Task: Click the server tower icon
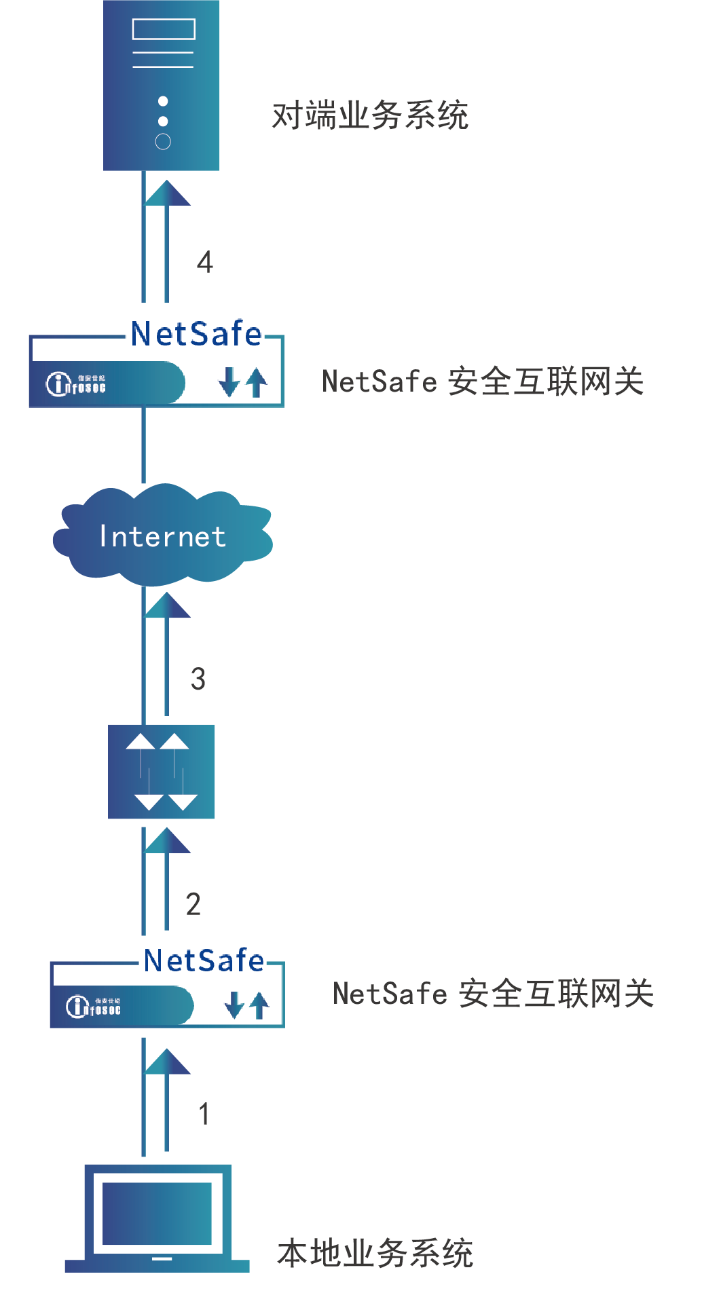point(162,85)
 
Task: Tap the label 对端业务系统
point(370,115)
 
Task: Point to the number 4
point(204,262)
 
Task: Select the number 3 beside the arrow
point(198,679)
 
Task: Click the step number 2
point(193,904)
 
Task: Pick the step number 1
point(204,1114)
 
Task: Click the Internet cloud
point(163,536)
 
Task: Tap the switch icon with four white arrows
point(162,772)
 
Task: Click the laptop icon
point(158,1218)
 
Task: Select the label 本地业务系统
point(375,1253)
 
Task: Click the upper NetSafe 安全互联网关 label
point(483,381)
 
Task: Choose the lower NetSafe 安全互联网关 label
point(493,994)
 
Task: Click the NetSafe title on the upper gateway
point(196,334)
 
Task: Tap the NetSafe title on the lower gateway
point(204,960)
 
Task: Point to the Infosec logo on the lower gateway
point(94,1006)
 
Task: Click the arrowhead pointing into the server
point(167,193)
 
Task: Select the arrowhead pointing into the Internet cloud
point(167,605)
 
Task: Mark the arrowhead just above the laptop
point(167,1062)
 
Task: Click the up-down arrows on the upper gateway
point(242,382)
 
